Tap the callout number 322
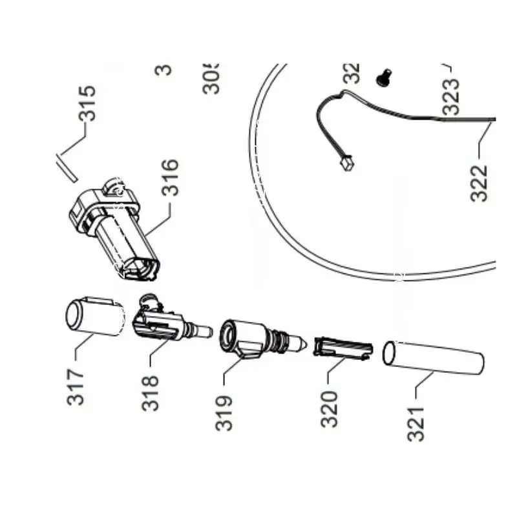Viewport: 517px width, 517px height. coord(479,182)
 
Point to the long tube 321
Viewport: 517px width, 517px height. coord(433,359)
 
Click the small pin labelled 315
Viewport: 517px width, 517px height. coord(66,167)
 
